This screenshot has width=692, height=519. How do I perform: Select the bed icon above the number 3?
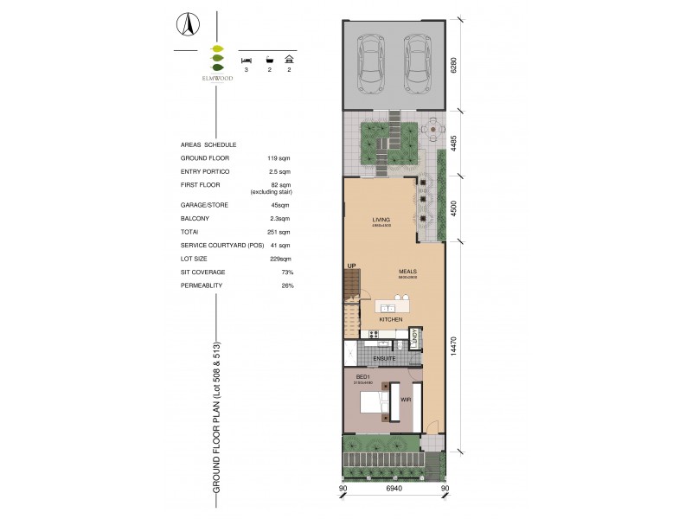(246, 60)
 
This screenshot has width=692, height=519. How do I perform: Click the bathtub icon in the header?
(270, 60)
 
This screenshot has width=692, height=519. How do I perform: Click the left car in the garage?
(372, 64)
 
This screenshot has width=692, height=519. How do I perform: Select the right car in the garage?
(418, 64)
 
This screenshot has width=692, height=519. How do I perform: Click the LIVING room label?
(381, 220)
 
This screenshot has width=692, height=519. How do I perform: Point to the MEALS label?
(408, 271)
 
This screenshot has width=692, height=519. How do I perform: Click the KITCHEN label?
(391, 320)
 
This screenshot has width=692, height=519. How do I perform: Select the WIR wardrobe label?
(403, 400)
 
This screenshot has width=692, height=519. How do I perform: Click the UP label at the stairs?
(351, 266)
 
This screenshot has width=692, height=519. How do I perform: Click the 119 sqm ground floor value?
(278, 158)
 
